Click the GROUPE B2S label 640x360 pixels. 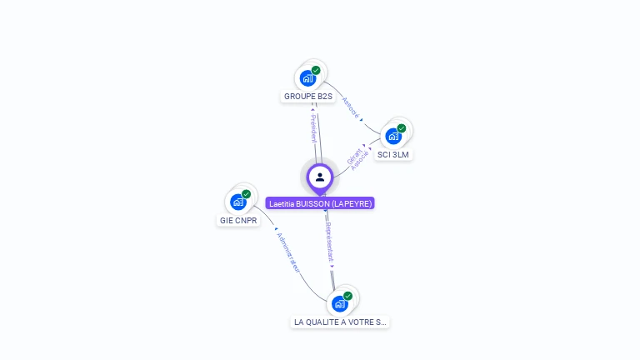click(x=308, y=97)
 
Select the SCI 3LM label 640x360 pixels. click(x=393, y=155)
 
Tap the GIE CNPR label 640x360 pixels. click(x=238, y=221)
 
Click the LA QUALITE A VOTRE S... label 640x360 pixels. click(x=340, y=322)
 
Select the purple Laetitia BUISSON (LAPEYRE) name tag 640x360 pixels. click(x=320, y=203)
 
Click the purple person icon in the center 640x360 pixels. click(x=320, y=177)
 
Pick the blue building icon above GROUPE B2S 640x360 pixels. click(x=307, y=78)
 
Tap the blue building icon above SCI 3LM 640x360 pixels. click(x=392, y=136)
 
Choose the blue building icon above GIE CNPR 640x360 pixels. click(x=237, y=202)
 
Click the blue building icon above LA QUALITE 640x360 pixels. click(x=339, y=303)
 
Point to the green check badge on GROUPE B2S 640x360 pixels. click(x=316, y=71)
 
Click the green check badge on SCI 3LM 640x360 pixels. click(x=401, y=128)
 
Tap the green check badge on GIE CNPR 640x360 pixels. click(x=246, y=194)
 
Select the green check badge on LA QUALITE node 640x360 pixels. click(x=347, y=296)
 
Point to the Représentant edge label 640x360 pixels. click(x=330, y=242)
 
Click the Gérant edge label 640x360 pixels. click(x=353, y=155)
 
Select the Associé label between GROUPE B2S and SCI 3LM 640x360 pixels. click(x=351, y=107)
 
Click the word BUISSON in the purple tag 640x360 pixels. click(x=312, y=203)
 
